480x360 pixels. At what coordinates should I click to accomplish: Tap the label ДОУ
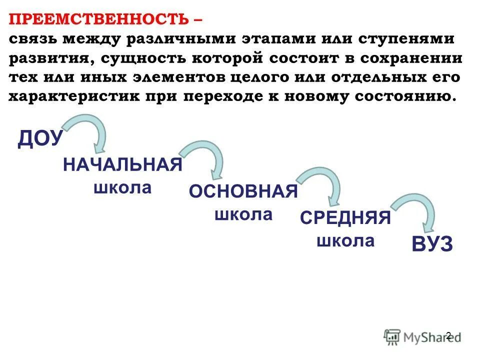click(40, 139)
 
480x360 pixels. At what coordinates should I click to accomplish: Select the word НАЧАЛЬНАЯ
click(122, 164)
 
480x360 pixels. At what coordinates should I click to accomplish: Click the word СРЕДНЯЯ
click(345, 218)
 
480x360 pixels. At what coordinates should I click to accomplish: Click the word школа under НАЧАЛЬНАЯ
click(122, 188)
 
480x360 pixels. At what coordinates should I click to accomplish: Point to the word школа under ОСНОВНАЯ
click(243, 215)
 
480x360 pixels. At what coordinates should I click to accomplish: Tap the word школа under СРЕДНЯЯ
click(345, 241)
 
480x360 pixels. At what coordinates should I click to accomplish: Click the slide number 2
click(448, 335)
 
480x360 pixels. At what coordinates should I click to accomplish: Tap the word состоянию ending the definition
click(405, 96)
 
